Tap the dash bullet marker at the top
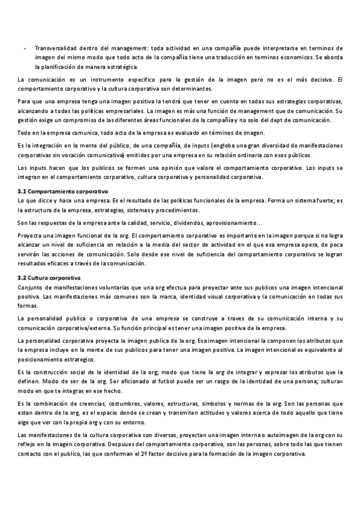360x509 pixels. pyautogui.click(x=24, y=48)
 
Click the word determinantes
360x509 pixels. pyautogui.click(x=188, y=89)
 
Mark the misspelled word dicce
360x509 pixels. pyautogui.click(x=44, y=200)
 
